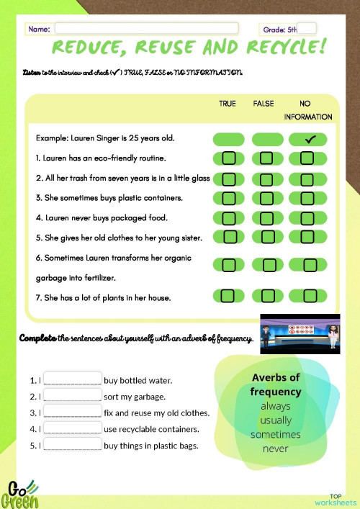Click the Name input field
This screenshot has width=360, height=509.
coord(146,29)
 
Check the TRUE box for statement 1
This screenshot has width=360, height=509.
coord(229,158)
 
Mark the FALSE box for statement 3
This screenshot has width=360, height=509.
coord(267,197)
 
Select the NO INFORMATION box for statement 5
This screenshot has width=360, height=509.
coord(307,236)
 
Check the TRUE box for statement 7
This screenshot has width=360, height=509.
coord(229,295)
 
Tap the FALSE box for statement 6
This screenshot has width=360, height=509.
coord(269,265)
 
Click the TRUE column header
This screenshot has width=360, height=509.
coord(227,104)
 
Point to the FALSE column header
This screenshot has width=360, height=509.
coord(264,104)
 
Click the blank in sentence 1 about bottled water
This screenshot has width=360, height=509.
coord(73,379)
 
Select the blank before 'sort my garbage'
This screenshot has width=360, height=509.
coord(73,396)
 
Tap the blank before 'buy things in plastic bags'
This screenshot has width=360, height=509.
coord(73,445)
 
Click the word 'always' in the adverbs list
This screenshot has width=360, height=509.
coord(275,406)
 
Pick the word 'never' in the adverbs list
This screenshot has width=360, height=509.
coord(275,449)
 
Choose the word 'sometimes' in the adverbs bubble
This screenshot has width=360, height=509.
coord(275,434)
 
